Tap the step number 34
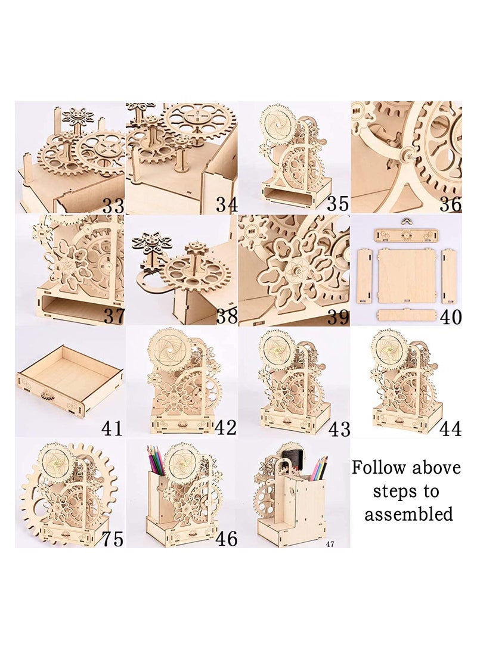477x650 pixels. pyautogui.click(x=227, y=205)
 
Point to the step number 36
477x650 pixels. pyautogui.click(x=450, y=205)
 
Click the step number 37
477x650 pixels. pyautogui.click(x=113, y=316)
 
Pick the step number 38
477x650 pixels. pyautogui.click(x=227, y=316)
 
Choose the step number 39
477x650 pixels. pyautogui.click(x=337, y=316)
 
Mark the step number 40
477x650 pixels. pyautogui.click(x=450, y=316)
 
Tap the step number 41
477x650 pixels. pyautogui.click(x=113, y=428)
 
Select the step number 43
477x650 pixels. pyautogui.click(x=337, y=428)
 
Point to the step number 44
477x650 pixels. pyautogui.click(x=450, y=428)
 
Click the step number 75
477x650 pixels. pyautogui.click(x=113, y=539)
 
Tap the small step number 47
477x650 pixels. pyautogui.click(x=330, y=544)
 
